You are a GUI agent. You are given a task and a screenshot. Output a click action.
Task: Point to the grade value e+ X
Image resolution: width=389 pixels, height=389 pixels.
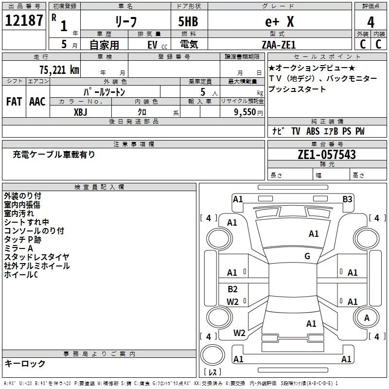point(279,22)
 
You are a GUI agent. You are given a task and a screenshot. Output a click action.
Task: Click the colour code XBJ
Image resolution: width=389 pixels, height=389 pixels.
point(81,111)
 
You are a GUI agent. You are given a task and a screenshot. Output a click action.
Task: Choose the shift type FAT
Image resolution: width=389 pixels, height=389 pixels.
point(14,102)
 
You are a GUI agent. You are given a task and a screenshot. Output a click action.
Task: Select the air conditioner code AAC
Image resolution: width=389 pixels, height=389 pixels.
point(37,102)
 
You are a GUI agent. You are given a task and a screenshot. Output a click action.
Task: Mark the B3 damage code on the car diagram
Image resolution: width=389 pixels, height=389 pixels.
point(347,199)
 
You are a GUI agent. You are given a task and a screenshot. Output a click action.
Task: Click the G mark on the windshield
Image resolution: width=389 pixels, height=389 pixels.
point(307,256)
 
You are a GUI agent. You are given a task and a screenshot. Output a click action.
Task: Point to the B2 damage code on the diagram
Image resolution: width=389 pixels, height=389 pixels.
point(232,289)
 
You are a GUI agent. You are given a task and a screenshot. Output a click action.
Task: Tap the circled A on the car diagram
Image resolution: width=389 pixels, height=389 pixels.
point(367,318)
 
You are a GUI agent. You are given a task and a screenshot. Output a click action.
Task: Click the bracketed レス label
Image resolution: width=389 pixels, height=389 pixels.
point(212,373)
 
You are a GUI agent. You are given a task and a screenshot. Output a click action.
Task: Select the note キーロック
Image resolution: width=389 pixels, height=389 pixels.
point(25,364)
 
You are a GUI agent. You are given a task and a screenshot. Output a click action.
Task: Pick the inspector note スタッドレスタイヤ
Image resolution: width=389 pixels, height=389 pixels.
point(37,257)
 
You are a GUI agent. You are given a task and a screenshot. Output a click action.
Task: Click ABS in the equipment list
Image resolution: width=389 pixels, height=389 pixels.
point(313,131)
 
